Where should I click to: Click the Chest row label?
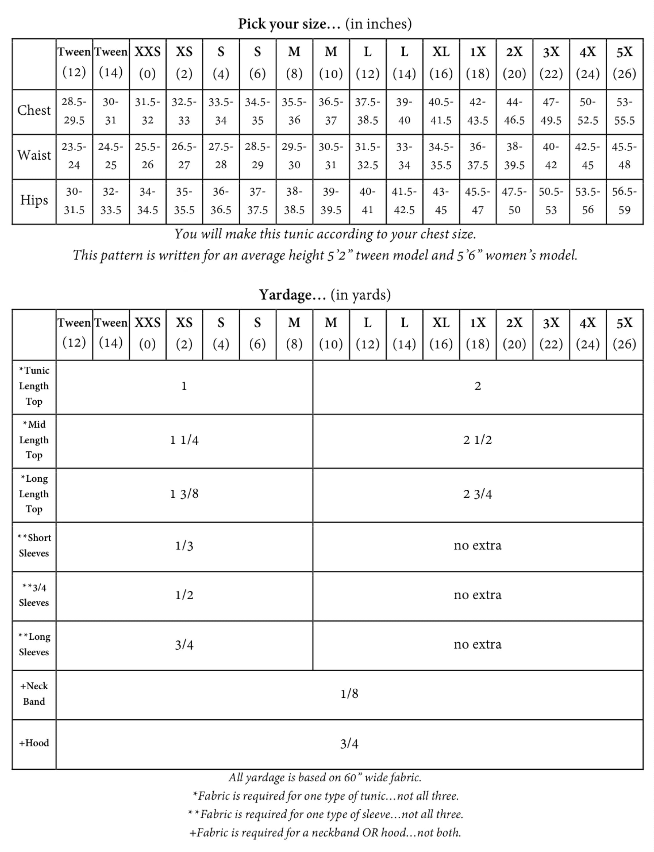[x=34, y=111]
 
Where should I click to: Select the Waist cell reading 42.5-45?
[x=587, y=156]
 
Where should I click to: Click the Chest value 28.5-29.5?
[x=74, y=111]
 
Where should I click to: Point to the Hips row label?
[x=34, y=200]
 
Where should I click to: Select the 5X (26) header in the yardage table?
[x=624, y=333]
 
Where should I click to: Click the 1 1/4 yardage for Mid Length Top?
[x=184, y=440]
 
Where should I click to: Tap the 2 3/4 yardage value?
[x=477, y=494]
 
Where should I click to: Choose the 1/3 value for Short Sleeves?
[x=184, y=546]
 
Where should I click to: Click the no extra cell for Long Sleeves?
[x=477, y=645]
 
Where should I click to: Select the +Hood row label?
[x=34, y=743]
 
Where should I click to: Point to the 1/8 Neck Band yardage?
[x=349, y=694]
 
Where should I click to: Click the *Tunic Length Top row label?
[x=34, y=386]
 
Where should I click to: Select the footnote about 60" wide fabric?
[x=325, y=778]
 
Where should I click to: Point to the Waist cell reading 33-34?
[x=404, y=156]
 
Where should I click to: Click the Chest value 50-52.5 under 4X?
[x=587, y=111]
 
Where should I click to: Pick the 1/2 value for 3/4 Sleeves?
[x=184, y=595]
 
